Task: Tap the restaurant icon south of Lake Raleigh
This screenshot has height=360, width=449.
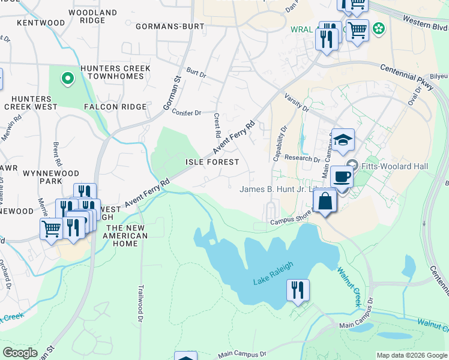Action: pyautogui.click(x=298, y=290)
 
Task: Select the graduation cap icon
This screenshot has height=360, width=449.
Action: pyautogui.click(x=343, y=140)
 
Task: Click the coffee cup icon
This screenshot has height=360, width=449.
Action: pyautogui.click(x=341, y=177)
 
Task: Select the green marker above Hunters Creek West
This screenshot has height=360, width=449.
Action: pyautogui.click(x=68, y=77)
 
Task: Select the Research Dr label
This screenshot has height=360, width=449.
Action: pyautogui.click(x=303, y=160)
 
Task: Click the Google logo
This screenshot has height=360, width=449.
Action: pyautogui.click(x=20, y=353)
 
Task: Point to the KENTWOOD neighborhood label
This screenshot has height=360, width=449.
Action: pyautogui.click(x=41, y=23)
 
